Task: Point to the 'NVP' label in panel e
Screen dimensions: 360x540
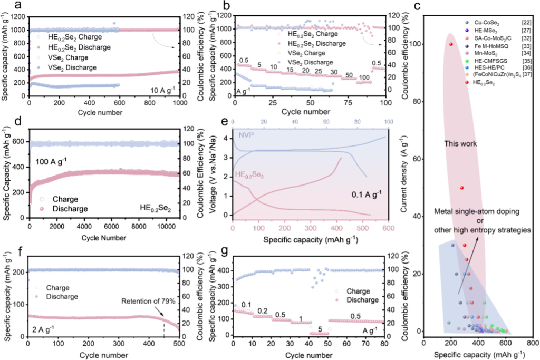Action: click(x=246, y=135)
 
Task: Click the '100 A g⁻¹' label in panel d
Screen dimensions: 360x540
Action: click(x=54, y=159)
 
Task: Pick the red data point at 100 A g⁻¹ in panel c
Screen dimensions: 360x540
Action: click(x=451, y=44)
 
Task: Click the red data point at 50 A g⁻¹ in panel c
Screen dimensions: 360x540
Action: click(x=461, y=188)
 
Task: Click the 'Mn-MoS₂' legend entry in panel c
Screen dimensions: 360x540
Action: click(x=478, y=53)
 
